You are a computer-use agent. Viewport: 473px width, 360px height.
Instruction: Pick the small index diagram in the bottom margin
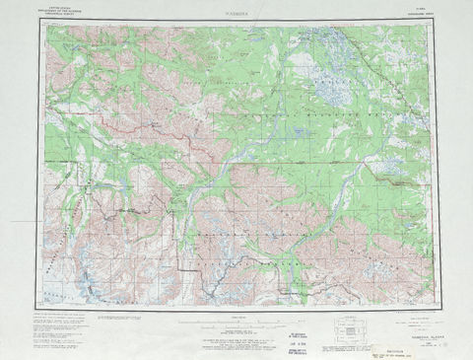(x=349, y=328)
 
